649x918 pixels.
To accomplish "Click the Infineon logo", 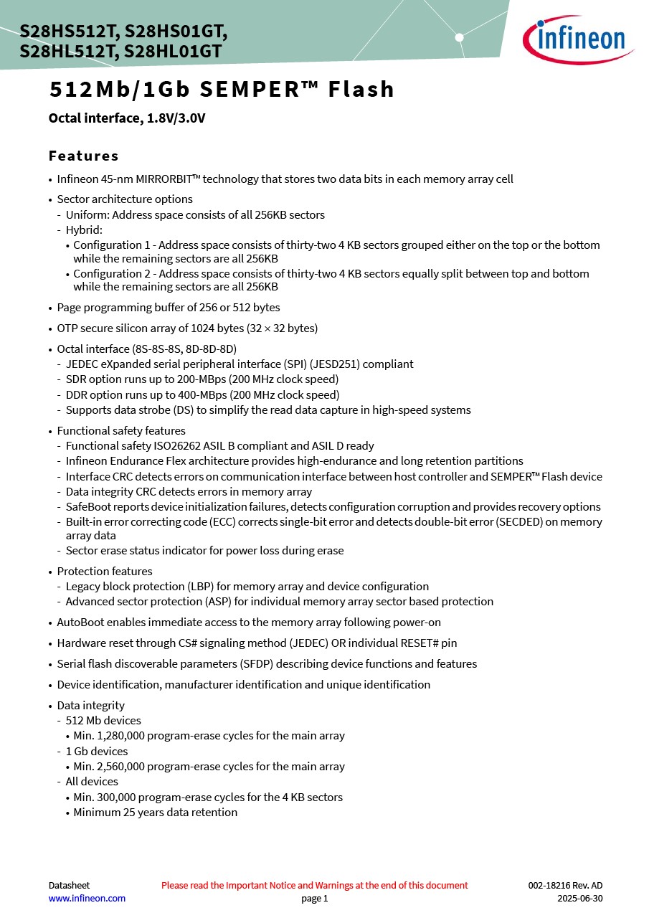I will [578, 39].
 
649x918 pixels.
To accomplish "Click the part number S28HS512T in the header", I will [70, 32].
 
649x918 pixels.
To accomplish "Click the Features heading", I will [83, 156].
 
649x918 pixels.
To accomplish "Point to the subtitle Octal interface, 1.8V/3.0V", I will [127, 118].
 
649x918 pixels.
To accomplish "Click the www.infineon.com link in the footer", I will [87, 899].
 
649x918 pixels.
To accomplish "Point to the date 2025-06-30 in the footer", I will [579, 899].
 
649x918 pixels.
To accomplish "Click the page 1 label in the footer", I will [314, 899].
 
